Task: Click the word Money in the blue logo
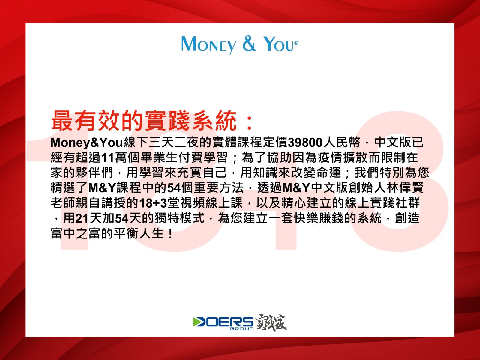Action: (209, 45)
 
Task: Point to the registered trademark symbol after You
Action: (296, 43)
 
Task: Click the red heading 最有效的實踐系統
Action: (144, 121)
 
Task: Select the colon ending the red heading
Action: (249, 122)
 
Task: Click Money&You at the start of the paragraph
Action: (87, 142)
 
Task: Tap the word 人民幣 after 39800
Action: (341, 142)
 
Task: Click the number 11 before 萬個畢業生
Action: (107, 158)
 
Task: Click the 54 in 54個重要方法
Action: (174, 188)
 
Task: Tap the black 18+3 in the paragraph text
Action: (153, 203)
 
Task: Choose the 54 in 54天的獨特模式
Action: (122, 219)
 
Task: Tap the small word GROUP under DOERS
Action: (241, 328)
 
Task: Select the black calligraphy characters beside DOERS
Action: (271, 322)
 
